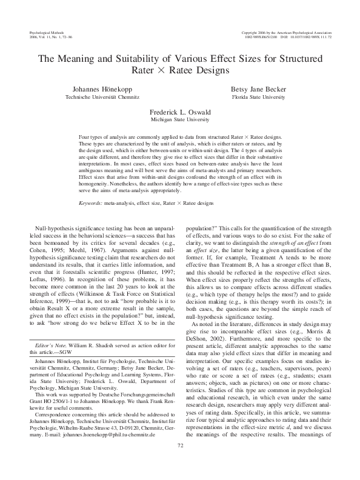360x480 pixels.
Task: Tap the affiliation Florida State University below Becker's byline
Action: [262, 96]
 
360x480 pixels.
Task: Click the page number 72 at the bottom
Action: [180, 463]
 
